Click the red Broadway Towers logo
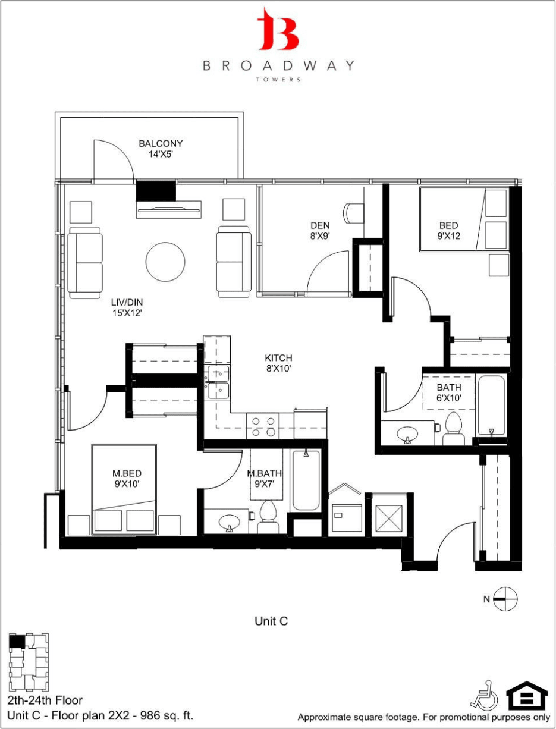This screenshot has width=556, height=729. click(x=278, y=30)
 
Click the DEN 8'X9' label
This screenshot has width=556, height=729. click(x=320, y=230)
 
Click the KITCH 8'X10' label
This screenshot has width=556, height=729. click(x=278, y=363)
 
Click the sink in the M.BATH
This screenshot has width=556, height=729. click(x=230, y=523)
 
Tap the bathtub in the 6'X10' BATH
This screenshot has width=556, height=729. click(x=491, y=406)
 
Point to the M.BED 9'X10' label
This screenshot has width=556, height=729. click(x=126, y=479)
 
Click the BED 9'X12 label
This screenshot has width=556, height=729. click(x=449, y=230)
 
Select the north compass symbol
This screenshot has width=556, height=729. click(x=506, y=599)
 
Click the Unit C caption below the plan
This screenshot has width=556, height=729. click(x=271, y=621)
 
